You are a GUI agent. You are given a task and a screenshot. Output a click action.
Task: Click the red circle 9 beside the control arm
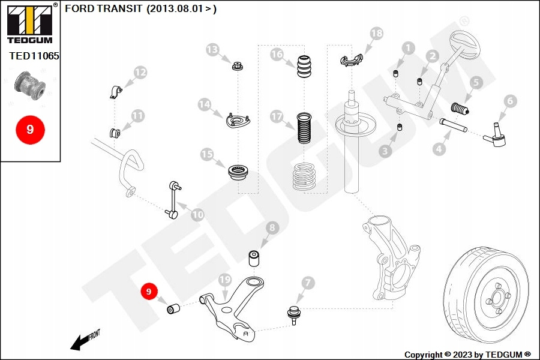(149, 292)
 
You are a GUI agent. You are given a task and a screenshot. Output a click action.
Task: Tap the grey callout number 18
(376, 34)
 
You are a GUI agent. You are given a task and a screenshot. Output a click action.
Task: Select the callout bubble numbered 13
(212, 50)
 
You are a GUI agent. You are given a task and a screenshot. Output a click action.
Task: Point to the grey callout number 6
(510, 101)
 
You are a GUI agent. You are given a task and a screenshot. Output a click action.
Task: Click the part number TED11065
(34, 56)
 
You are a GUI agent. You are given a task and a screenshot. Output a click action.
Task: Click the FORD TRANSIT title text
(103, 8)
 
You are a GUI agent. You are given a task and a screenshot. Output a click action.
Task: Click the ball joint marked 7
(293, 315)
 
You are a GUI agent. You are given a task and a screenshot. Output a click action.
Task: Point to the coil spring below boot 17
(304, 177)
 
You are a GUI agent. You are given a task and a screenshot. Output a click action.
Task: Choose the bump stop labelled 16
(304, 67)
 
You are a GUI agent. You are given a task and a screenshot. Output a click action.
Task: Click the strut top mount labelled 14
(238, 120)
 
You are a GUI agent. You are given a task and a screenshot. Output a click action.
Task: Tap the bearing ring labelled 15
(239, 173)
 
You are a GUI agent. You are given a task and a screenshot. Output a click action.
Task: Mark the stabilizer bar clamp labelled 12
(116, 92)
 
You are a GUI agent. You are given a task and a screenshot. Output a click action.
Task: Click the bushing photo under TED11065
(30, 85)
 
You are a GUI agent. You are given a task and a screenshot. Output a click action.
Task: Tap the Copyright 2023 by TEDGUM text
(467, 355)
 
